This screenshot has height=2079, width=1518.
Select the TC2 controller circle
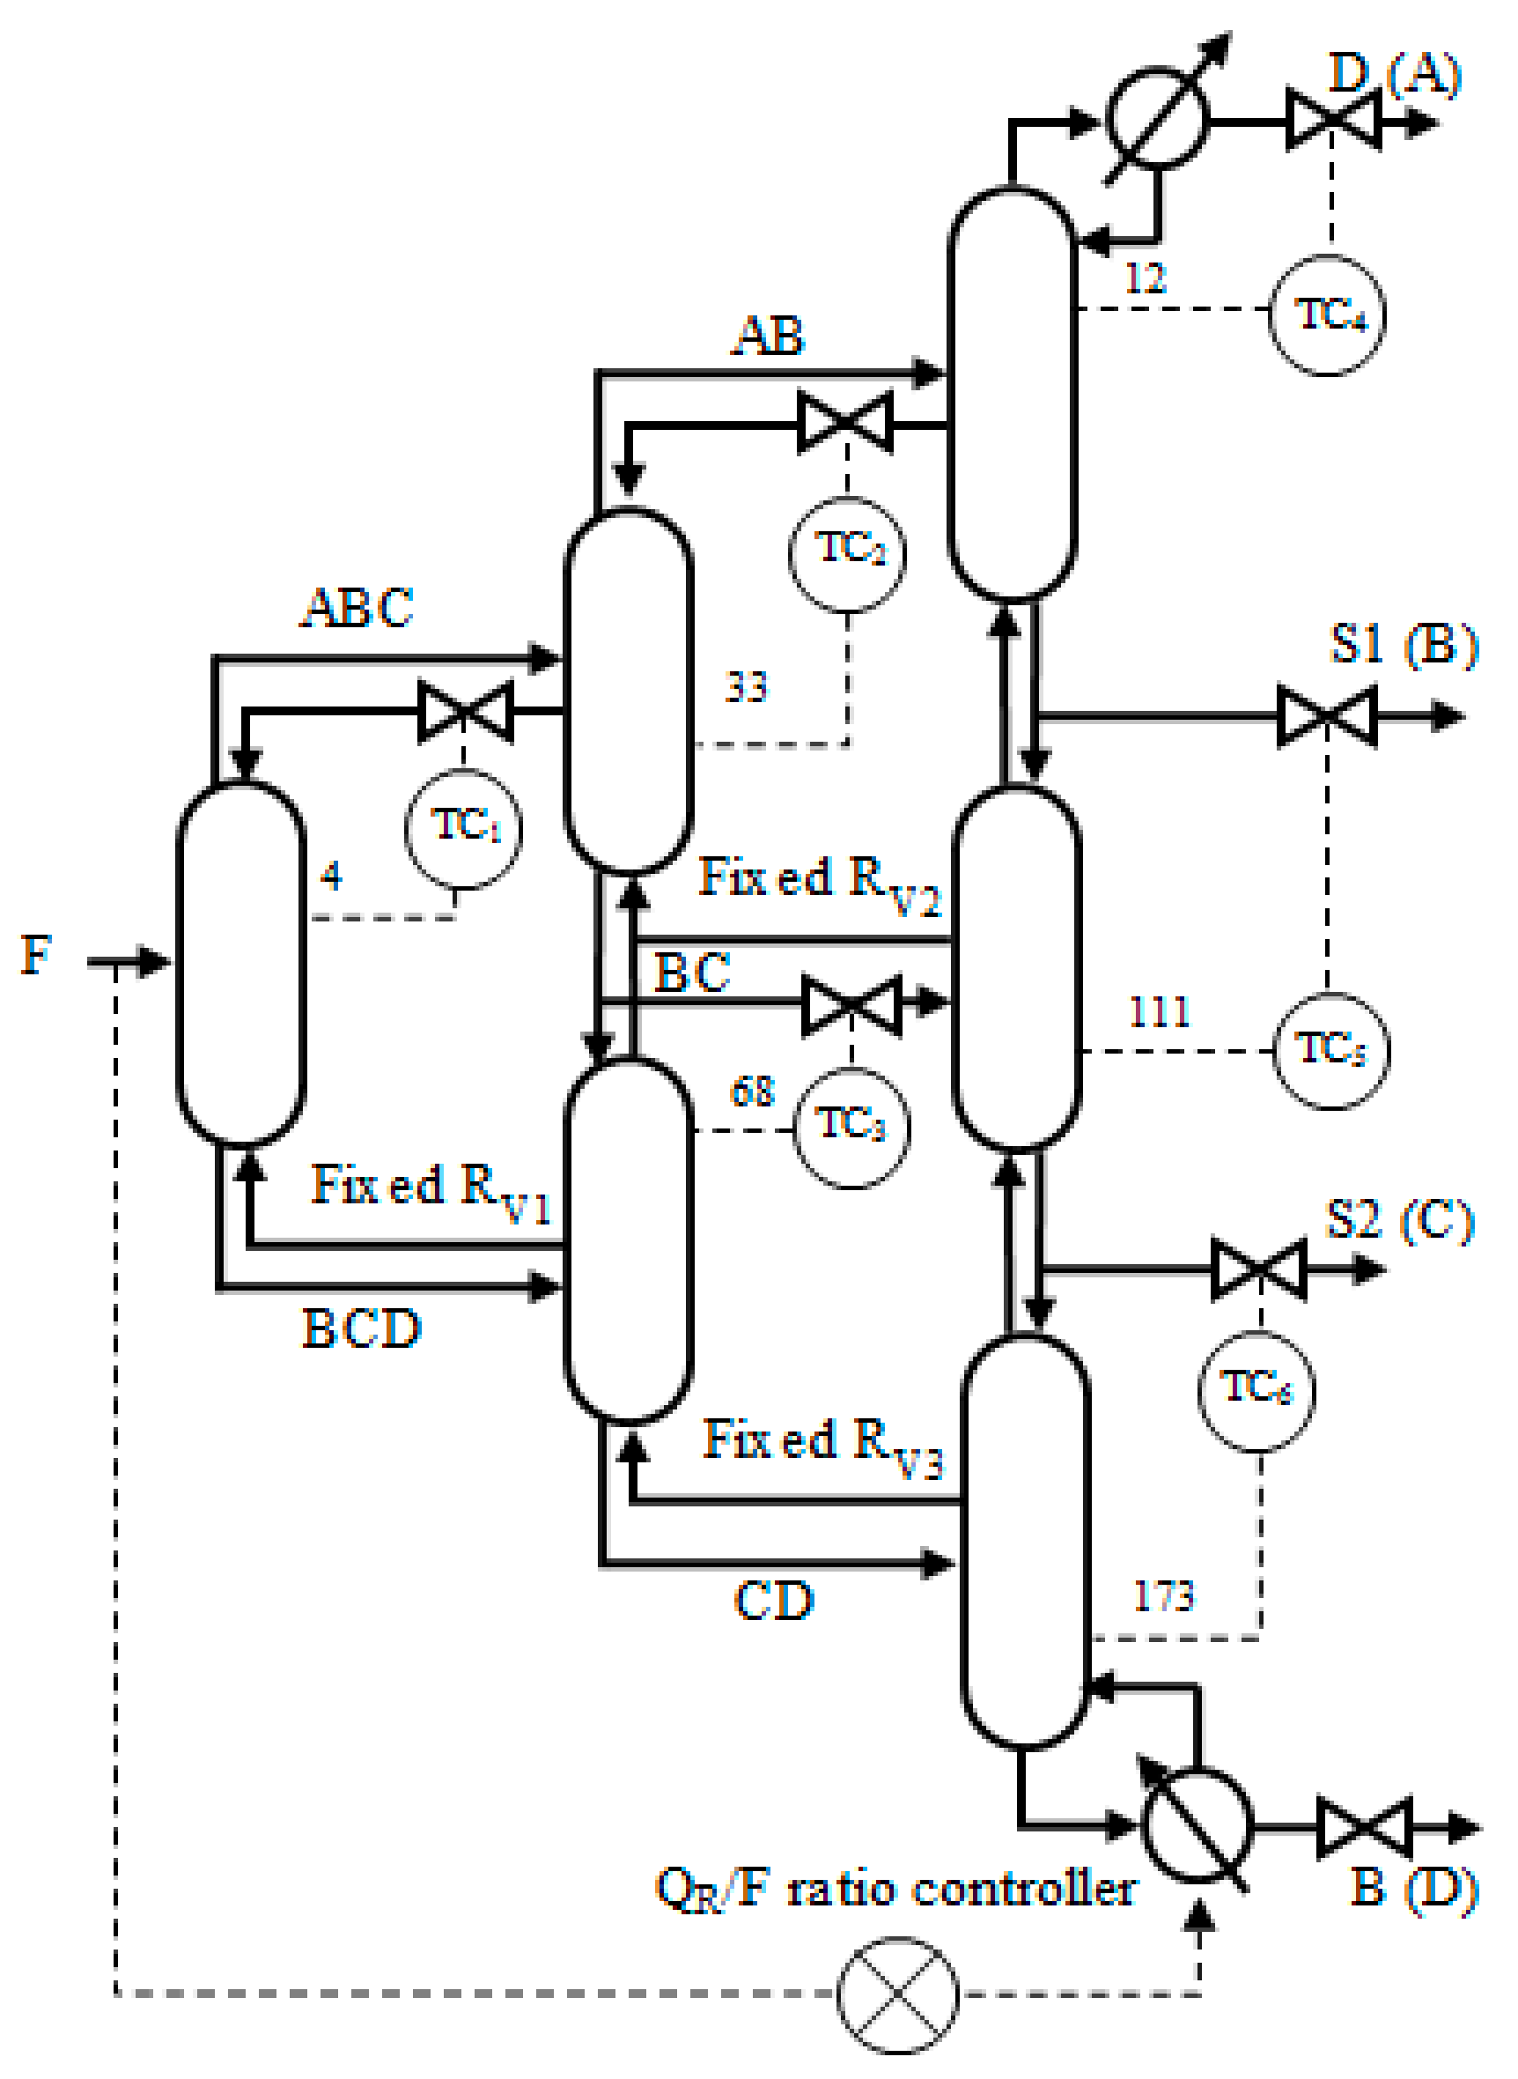848,554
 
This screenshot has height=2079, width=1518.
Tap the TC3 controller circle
851,1128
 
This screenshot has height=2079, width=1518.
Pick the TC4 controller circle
1328,315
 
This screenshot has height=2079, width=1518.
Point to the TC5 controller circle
1330,1051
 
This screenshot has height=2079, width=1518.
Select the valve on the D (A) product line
1332,120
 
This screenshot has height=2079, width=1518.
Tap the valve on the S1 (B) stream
1327,716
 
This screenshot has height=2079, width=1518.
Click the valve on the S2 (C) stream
1259,1269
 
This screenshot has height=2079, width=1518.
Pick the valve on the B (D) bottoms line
1364,1827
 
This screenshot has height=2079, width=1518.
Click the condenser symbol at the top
1158,118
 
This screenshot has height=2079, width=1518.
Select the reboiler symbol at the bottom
1197,1825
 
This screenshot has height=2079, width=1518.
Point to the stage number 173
1163,1596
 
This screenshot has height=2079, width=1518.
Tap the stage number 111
1159,1012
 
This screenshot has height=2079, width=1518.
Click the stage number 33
745,687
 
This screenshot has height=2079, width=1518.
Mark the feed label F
37,955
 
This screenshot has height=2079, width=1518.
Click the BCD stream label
361,1329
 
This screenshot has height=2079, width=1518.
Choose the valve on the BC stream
851,1005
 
